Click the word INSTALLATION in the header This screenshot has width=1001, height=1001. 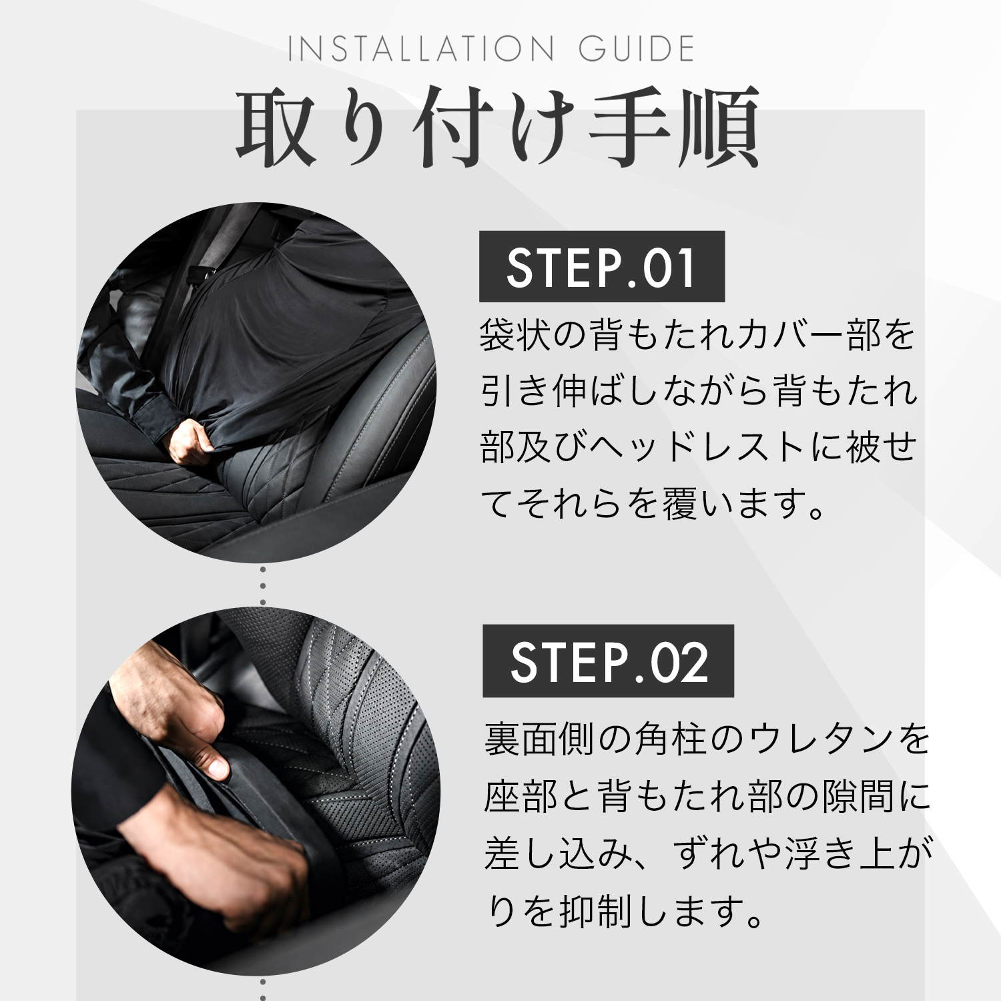(x=421, y=49)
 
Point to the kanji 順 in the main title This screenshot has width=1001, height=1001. (x=719, y=127)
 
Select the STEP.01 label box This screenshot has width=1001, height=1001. (x=602, y=267)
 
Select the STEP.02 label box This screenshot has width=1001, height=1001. (x=608, y=661)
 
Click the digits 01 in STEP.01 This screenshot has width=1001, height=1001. (x=670, y=268)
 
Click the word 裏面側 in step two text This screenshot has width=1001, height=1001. (x=539, y=739)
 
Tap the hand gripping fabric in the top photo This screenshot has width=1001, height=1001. (x=190, y=442)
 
